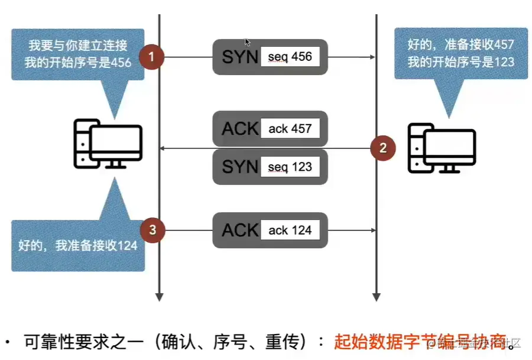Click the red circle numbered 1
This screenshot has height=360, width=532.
(x=151, y=57)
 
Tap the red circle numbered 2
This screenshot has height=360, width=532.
(x=382, y=148)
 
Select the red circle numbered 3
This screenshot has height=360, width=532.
(x=153, y=230)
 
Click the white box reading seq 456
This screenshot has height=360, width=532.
(x=290, y=57)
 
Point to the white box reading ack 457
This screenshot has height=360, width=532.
(x=290, y=128)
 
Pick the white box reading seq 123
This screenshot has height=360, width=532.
(x=290, y=167)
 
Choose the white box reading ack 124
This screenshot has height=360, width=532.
(x=290, y=230)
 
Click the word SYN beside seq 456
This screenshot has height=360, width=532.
(x=239, y=57)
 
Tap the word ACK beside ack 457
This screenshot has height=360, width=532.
(x=240, y=128)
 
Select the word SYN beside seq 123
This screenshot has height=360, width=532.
(x=239, y=167)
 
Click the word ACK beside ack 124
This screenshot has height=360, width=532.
(x=240, y=230)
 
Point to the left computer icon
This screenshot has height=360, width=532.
(x=107, y=144)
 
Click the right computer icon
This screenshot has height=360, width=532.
(x=442, y=148)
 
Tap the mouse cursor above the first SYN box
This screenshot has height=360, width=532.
(x=248, y=42)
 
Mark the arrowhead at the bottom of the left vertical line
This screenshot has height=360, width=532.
(x=158, y=296)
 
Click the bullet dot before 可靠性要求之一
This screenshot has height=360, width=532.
(x=8, y=342)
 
